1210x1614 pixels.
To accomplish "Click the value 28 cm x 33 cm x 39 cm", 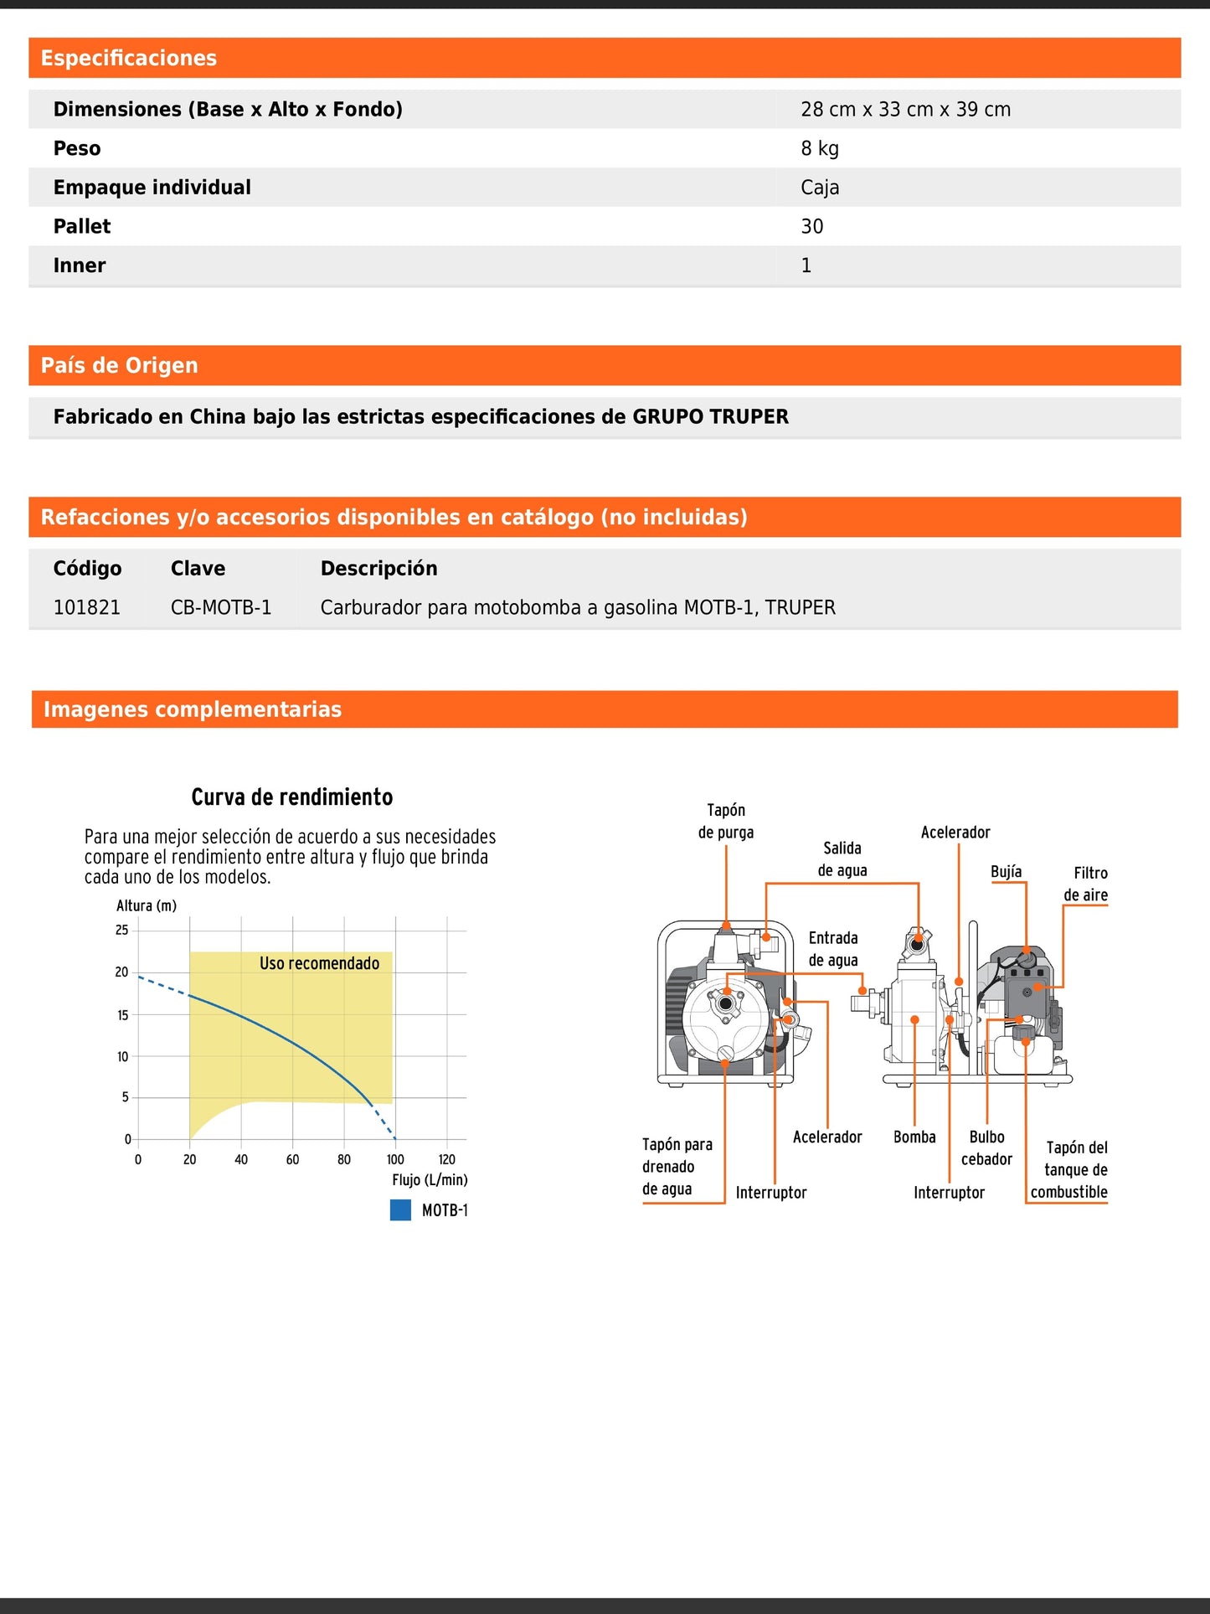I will point(905,110).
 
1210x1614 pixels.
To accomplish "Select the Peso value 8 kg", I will point(819,149).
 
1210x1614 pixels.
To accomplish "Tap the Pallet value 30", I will point(811,227).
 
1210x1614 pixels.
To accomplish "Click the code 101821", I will point(87,608).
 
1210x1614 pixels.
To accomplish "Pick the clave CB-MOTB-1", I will point(221,608).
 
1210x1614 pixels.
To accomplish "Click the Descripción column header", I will point(378,569).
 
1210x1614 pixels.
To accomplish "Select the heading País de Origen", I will point(120,366).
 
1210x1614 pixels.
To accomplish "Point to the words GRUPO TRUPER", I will point(710,417).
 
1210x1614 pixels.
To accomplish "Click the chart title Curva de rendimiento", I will point(291,797).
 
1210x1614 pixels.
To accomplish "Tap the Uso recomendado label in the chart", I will point(319,963).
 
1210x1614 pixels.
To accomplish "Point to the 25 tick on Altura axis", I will point(122,930).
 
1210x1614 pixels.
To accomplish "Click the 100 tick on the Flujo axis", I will point(395,1160).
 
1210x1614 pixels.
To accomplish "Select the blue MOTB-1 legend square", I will point(400,1210).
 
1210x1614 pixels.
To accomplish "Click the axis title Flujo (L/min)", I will point(430,1180).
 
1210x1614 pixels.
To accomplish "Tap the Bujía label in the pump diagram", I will point(1006,872).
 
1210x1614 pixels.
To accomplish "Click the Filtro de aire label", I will point(1086,884).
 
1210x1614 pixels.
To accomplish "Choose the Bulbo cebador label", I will point(986,1148).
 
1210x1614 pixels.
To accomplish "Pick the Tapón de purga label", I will point(726,821).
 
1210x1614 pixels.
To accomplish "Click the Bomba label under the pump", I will point(914,1137).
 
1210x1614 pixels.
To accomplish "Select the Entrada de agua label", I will point(833,949).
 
